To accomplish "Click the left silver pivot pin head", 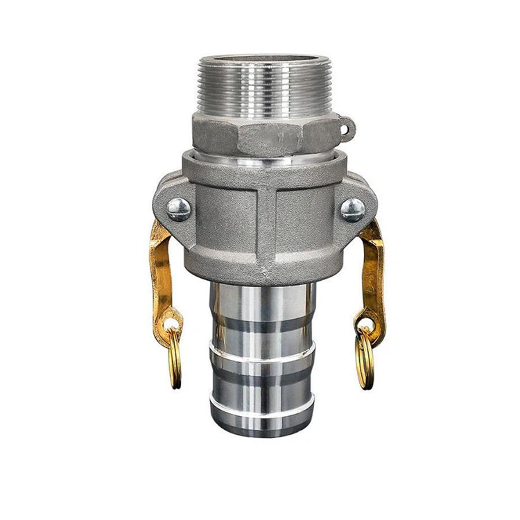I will [x=179, y=209].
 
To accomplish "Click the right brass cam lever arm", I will [x=372, y=270].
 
